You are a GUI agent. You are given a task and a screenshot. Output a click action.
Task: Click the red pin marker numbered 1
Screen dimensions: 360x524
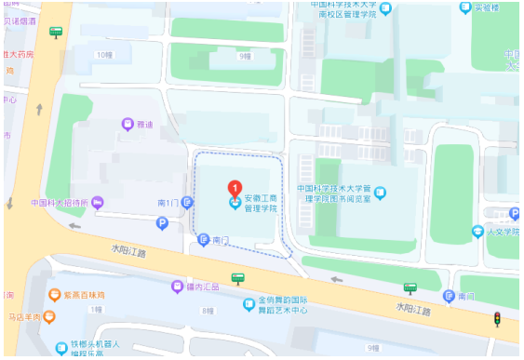[236, 188]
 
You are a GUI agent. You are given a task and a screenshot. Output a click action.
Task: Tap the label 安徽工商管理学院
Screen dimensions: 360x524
[262, 204]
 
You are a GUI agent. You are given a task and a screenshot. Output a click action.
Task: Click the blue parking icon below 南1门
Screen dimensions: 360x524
[162, 223]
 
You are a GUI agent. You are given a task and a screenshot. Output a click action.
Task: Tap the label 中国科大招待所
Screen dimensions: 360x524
[59, 203]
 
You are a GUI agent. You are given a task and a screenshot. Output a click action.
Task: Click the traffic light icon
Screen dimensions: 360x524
[498, 319]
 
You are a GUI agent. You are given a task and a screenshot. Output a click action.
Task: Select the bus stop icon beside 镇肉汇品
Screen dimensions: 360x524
[238, 277]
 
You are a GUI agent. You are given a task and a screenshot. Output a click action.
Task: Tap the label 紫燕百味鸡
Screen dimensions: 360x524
[85, 297]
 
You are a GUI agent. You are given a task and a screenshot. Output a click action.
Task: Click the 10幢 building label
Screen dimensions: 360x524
[102, 54]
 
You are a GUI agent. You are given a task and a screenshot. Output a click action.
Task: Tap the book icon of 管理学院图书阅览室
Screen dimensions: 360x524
[380, 193]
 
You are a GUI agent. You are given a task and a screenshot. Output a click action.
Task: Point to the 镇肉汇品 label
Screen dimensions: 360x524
[202, 287]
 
